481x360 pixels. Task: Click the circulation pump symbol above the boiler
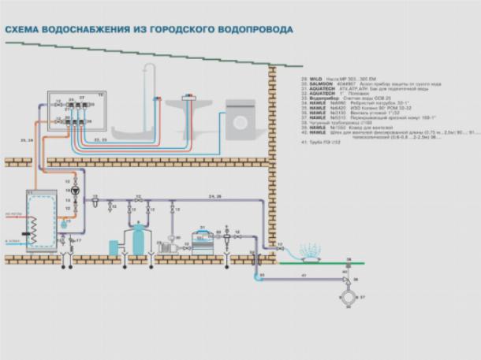[x=75, y=190]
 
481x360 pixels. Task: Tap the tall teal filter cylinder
[x=138, y=238]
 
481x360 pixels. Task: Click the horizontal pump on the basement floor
[x=169, y=245]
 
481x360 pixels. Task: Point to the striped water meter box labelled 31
[x=199, y=238]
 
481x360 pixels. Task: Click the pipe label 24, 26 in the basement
[x=214, y=195]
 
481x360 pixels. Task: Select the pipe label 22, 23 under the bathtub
[x=101, y=139]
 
